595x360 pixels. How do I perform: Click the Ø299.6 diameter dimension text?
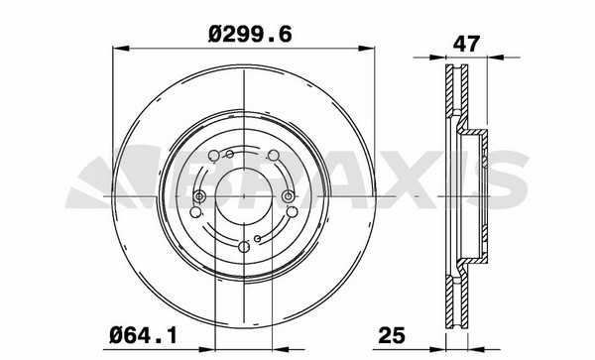(250, 35)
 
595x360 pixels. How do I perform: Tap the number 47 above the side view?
(466, 44)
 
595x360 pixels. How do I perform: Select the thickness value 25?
(392, 335)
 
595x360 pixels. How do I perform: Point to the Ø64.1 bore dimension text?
(144, 336)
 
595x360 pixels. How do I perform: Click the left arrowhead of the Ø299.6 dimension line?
(121, 49)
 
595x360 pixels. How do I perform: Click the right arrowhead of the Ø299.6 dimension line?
(367, 49)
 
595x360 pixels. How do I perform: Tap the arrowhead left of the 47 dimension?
(437, 58)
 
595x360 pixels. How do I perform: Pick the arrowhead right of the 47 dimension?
(495, 58)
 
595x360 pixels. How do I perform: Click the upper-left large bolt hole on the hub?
(214, 156)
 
